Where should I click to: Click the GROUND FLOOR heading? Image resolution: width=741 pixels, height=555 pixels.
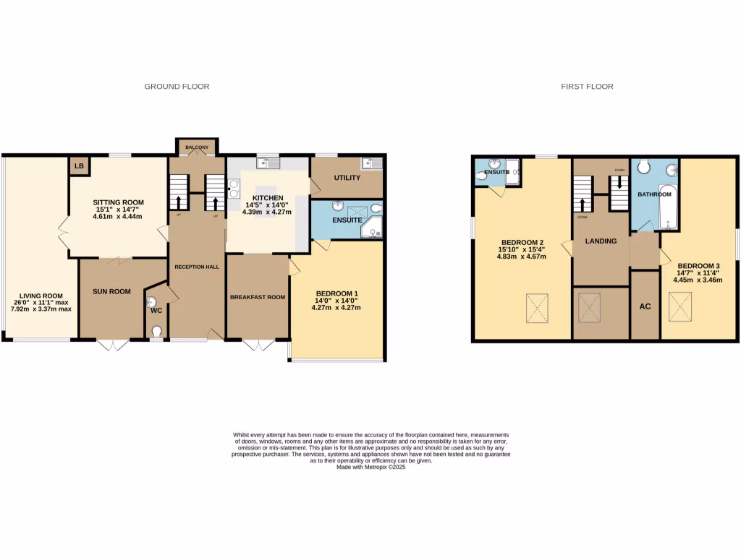177,87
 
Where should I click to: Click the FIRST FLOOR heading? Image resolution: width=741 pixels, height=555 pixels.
587,87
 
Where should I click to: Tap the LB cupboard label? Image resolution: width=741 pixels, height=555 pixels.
79,166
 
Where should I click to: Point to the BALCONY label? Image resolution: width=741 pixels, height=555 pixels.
197,147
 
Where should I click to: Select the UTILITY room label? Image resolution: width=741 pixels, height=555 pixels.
347,178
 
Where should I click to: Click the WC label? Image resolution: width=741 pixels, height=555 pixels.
156,311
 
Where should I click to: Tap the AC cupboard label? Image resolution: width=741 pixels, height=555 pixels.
645,306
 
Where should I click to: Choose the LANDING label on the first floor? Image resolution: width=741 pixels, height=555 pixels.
601,241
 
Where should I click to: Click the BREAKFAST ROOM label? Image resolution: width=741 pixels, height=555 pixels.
258,297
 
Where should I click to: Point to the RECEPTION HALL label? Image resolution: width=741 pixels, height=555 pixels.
197,267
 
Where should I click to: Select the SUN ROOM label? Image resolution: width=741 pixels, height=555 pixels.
111,292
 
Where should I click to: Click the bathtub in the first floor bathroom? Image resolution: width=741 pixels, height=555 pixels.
666,208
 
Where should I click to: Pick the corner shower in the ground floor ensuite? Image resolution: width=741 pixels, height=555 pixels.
373,228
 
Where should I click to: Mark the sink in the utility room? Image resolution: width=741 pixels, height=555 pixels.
373,163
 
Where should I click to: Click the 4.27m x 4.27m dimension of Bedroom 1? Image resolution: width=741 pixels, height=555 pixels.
336,308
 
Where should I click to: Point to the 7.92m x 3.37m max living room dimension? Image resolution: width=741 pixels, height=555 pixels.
41,309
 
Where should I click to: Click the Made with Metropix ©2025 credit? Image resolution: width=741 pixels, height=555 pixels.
370,468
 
